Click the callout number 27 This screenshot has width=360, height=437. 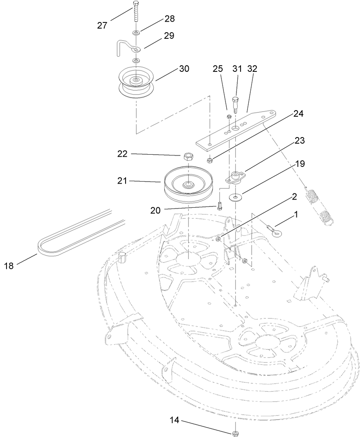pos(102,25)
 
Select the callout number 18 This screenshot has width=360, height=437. pos(9,266)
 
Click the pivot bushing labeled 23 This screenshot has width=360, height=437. pos(236,177)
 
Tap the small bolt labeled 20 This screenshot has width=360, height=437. pos(220,205)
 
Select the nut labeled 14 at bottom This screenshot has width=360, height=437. pos(235,433)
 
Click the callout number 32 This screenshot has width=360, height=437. pos(252,69)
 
